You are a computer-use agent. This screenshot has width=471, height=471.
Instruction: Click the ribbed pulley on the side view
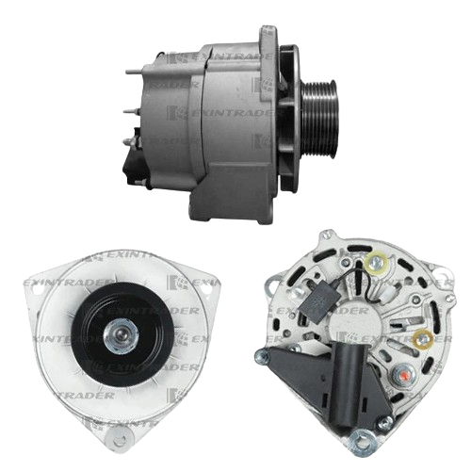coord(318,119)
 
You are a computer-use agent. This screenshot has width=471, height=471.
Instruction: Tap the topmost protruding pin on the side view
coord(134,72)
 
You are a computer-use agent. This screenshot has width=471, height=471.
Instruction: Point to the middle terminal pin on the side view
coord(131,111)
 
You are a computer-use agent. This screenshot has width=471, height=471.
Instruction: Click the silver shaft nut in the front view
coord(121,335)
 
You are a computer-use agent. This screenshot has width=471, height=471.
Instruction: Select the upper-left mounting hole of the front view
coord(38,291)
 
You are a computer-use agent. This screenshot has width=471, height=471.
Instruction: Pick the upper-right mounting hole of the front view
coord(206,290)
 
